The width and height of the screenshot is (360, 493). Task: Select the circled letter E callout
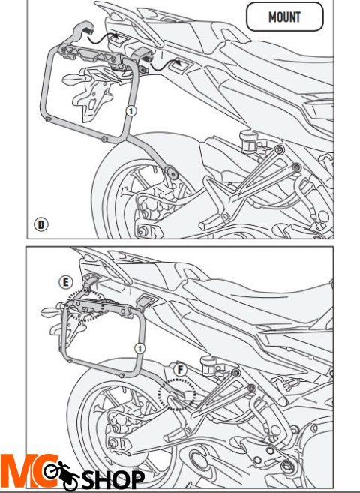tap(67, 282)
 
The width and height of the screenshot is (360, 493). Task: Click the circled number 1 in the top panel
tap(132, 110)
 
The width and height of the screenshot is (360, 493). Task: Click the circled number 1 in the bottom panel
tap(139, 348)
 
